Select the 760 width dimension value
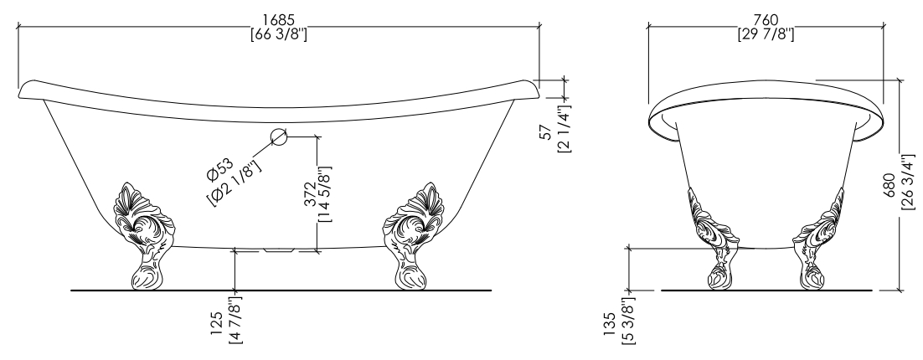point(766,21)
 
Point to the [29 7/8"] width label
point(766,34)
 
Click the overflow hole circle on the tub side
point(279,136)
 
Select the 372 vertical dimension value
point(310,195)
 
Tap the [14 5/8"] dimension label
point(324,193)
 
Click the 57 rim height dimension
point(548,132)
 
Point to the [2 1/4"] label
point(564,129)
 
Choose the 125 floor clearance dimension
point(217,323)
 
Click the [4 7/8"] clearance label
point(235,321)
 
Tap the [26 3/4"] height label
point(908,181)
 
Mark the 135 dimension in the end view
point(610,326)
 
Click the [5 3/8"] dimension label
point(627,321)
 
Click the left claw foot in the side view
point(144,236)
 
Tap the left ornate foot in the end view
point(714,239)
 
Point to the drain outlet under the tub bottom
point(279,249)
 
